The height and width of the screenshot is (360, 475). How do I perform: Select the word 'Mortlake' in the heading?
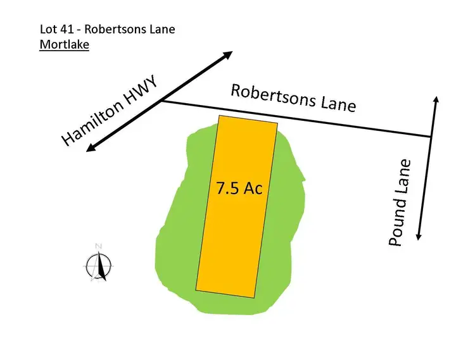[x=64, y=45]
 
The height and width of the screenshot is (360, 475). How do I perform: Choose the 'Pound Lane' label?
[x=400, y=202]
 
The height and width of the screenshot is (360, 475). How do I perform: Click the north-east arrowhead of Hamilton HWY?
[x=229, y=55]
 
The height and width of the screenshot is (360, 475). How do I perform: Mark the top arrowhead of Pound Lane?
[x=436, y=99]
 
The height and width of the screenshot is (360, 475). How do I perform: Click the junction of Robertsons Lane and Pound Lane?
[x=431, y=136]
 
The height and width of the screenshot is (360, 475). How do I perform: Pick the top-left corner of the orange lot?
[x=218, y=116]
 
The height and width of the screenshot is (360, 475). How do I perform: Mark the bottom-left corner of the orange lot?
[x=196, y=290]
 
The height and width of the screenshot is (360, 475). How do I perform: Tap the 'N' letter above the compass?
[x=98, y=245]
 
